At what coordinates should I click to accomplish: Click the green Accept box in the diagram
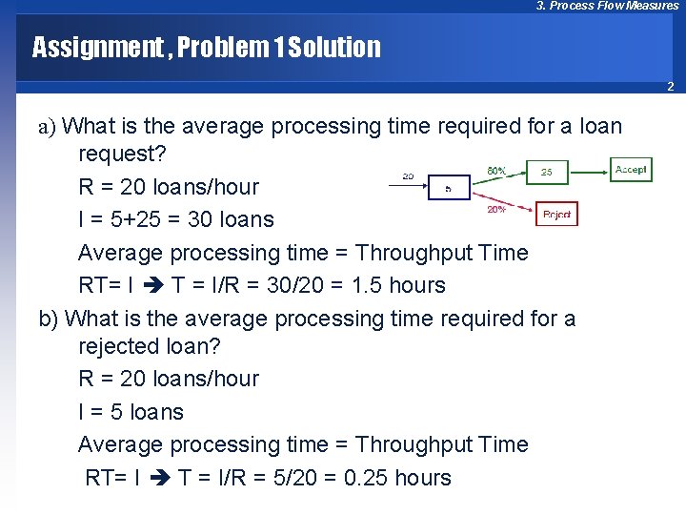pos(631,170)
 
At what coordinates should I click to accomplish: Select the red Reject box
pos(556,215)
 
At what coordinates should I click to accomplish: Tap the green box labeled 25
pos(546,173)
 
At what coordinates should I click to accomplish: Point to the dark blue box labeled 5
pos(448,188)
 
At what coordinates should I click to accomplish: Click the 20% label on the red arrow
pos(496,209)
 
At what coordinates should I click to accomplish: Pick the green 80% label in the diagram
pos(496,171)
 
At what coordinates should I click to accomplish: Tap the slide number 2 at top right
pos(670,87)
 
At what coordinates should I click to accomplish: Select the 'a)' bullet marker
pos(48,126)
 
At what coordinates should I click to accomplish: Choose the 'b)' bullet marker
pos(49,318)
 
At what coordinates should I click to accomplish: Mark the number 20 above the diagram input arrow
pos(408,176)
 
